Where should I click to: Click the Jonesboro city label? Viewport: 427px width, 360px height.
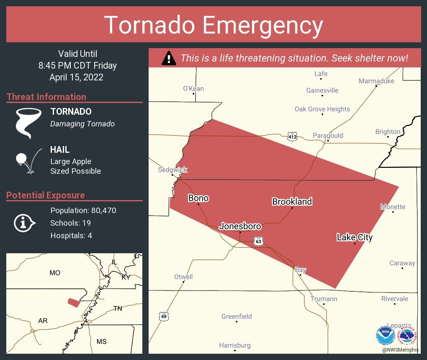(240, 226)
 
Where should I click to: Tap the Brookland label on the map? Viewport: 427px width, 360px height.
(292, 202)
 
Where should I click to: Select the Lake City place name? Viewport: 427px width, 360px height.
(355, 237)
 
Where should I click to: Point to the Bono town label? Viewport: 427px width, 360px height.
(198, 198)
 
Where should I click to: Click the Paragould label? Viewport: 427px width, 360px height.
(328, 135)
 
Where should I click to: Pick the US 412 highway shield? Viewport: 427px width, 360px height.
(292, 136)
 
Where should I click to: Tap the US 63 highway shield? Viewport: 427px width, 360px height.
(259, 242)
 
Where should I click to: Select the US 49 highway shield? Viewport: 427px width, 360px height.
(164, 316)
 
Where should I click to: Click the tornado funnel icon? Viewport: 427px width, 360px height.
(28, 123)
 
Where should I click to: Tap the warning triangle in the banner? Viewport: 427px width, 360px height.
(168, 58)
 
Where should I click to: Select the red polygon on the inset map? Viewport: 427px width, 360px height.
(74, 303)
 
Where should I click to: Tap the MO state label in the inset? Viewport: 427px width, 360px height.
(55, 273)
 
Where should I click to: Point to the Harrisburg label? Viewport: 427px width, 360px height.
(235, 345)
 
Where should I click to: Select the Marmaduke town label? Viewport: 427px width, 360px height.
(376, 81)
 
